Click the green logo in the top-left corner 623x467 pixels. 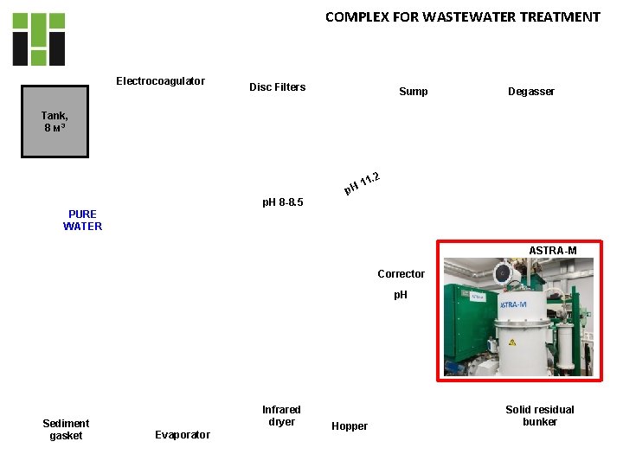38,39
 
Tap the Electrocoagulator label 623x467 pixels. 160,81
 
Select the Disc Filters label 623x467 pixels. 277,87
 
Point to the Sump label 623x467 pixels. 413,92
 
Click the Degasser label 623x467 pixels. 531,92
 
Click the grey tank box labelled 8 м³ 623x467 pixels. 55,121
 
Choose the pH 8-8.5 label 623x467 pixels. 282,203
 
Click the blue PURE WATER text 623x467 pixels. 82,221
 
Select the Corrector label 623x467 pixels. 401,274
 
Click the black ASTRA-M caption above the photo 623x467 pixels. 552,251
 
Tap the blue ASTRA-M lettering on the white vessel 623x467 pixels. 514,304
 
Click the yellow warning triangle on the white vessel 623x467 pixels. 511,342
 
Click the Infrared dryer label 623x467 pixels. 281,416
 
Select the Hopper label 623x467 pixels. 350,426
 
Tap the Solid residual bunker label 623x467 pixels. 540,416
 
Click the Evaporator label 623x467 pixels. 182,435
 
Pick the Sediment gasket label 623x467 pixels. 66,430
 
